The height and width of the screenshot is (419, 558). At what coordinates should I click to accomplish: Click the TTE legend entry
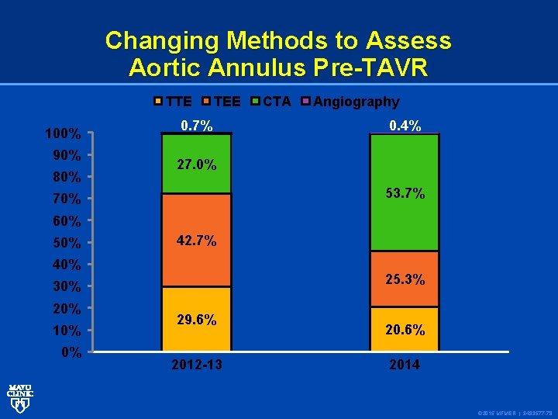pos(174,102)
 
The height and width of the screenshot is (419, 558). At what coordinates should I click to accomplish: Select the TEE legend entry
pos(221,102)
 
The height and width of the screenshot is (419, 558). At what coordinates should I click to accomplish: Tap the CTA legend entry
pos(271,102)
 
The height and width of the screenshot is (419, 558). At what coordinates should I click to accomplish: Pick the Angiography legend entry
pos(350,102)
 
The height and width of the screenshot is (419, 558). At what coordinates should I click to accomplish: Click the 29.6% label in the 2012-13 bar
pos(196,320)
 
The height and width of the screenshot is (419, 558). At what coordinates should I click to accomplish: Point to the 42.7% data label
pos(196,241)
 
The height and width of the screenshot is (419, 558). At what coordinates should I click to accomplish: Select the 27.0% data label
pos(196,165)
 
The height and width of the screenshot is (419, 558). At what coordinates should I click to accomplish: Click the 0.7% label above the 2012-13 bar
pos(196,126)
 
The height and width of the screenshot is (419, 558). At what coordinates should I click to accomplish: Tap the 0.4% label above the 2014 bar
pos(405,126)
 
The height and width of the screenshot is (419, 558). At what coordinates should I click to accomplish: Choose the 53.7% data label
pos(405,193)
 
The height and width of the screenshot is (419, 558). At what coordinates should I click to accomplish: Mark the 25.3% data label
pos(405,279)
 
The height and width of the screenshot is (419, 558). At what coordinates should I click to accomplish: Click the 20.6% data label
pos(405,330)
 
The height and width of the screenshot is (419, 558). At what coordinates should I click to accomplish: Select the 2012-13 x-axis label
pos(196,364)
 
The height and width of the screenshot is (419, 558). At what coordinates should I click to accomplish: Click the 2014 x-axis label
pos(405,364)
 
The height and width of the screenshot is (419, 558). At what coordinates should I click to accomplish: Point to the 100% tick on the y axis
pos(62,134)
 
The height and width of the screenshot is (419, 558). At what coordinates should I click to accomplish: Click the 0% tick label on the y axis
pos(71,353)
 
